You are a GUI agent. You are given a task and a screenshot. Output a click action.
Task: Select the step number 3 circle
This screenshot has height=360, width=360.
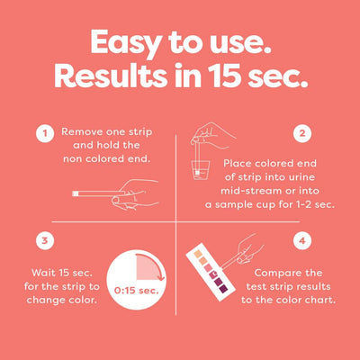(41, 241)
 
